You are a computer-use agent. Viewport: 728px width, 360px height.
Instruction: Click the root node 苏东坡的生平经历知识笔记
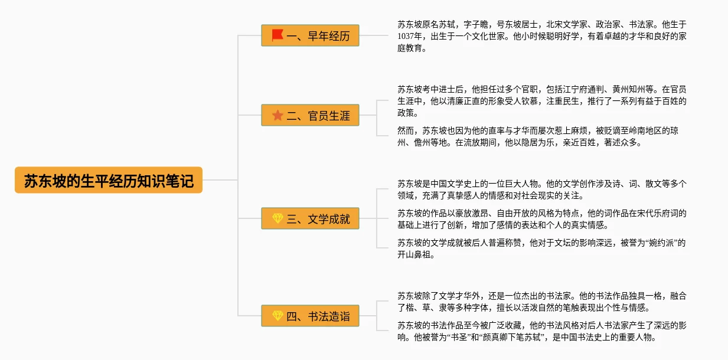[109, 180]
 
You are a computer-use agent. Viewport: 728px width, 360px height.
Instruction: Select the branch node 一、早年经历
[310, 35]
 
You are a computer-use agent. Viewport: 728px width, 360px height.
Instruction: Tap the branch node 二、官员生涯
[310, 115]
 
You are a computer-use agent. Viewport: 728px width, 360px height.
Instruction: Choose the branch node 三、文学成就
[310, 219]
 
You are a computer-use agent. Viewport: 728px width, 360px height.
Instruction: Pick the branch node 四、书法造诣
[310, 316]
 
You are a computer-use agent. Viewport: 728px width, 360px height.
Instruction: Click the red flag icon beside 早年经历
[277, 35]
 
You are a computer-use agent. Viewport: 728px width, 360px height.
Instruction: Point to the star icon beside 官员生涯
[277, 115]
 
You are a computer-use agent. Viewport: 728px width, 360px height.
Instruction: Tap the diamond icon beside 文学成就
[277, 219]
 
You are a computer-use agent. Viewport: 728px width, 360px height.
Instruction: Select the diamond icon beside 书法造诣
[277, 316]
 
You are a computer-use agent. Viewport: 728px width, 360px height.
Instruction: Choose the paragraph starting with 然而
[537, 136]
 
